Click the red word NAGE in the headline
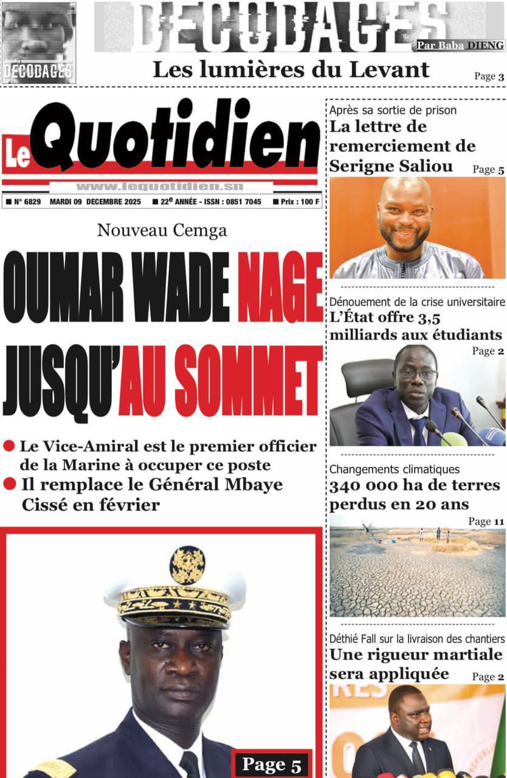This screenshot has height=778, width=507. pos(280,288)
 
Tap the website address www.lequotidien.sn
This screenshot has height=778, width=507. pos(160,187)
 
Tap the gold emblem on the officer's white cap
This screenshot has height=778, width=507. pos(187,565)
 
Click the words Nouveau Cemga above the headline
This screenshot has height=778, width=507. pos(162,231)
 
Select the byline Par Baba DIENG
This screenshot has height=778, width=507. pos(460,45)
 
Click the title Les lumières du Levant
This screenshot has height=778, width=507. pos(291,70)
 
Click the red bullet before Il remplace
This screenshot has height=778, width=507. pos(9,484)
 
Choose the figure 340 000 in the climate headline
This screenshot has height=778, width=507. pos(360,486)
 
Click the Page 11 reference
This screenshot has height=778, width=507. pos(486,522)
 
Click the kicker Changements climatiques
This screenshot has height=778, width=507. pos(395,469)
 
